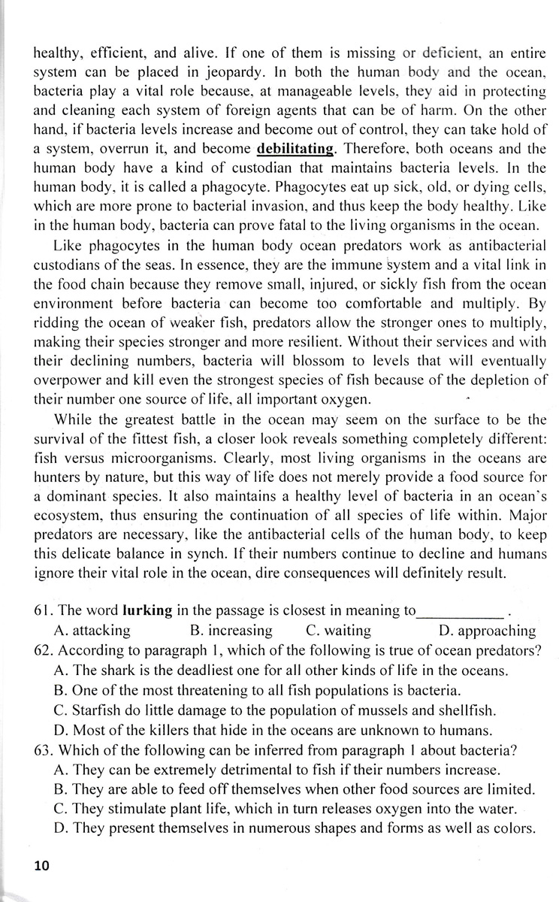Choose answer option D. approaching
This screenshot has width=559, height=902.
(x=487, y=630)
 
